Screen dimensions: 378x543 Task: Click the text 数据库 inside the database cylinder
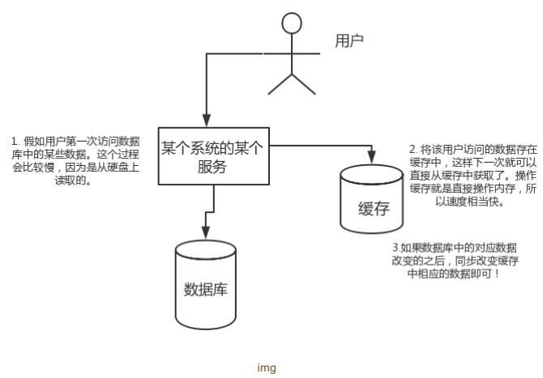tap(205, 290)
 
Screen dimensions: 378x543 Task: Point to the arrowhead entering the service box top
tap(207, 121)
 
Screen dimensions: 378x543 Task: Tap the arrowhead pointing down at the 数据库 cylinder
tap(206, 235)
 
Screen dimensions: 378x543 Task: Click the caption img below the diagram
tap(267, 368)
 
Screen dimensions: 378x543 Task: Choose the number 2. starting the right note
tap(413, 150)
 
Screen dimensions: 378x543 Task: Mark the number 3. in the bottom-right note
tap(396, 247)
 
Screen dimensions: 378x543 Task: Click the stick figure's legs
tap(291, 83)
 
